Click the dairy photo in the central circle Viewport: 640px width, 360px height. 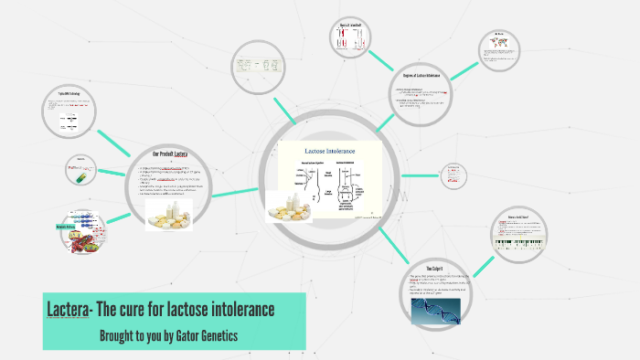pyautogui.click(x=294, y=207)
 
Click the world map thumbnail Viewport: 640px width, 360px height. pyautogui.click(x=499, y=43)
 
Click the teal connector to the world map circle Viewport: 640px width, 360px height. pyautogui.click(x=463, y=69)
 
